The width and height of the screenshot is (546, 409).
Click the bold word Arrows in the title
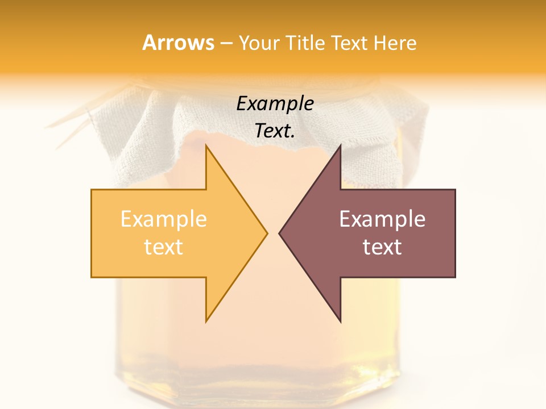click(x=178, y=43)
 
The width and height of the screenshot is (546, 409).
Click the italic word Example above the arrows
click(x=275, y=104)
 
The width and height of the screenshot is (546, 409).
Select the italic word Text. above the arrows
click(x=275, y=131)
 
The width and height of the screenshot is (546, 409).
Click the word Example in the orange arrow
click(x=163, y=219)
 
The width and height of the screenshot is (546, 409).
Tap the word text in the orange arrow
click(x=163, y=247)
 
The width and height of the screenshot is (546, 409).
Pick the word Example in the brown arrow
click(x=382, y=219)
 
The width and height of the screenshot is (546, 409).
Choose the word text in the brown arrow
click(x=382, y=247)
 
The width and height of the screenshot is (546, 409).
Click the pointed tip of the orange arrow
click(x=266, y=233)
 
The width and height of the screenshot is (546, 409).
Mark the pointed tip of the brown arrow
click(x=280, y=233)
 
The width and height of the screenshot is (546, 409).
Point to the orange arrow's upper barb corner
click(x=206, y=147)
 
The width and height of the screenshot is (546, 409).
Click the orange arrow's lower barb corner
click(x=206, y=321)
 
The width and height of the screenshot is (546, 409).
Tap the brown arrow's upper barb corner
click(x=340, y=147)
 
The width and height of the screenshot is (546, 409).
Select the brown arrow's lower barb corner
click(x=340, y=321)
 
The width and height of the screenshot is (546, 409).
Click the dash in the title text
click(x=226, y=44)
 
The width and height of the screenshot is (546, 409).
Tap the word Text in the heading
click(x=350, y=43)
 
